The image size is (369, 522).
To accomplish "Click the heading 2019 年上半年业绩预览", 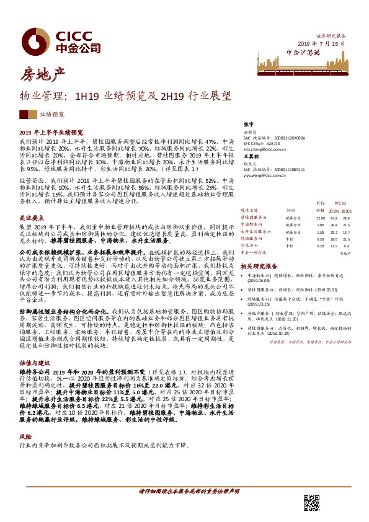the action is pos(51,133).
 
